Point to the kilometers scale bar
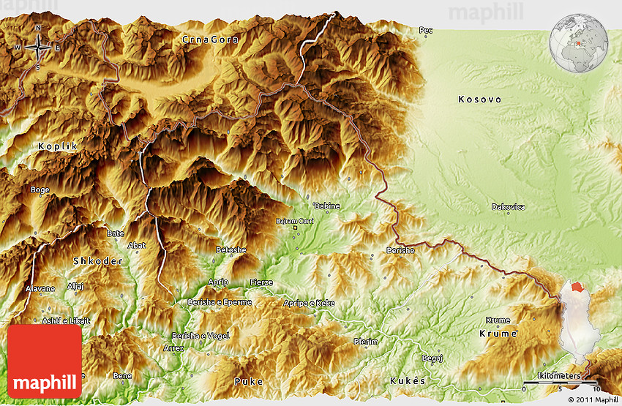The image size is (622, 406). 561,380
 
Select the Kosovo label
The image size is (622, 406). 479,99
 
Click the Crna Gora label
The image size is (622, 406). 211,40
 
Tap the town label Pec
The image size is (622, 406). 425,31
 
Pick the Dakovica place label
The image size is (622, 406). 508,207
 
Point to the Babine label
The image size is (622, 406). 326,206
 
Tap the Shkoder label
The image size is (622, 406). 95,261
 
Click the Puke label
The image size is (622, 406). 248,381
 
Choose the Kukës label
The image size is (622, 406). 408,381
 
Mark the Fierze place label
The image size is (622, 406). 261,282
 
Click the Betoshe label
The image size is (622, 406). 231,250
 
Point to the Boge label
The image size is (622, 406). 40,189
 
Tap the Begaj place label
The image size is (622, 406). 432,358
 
